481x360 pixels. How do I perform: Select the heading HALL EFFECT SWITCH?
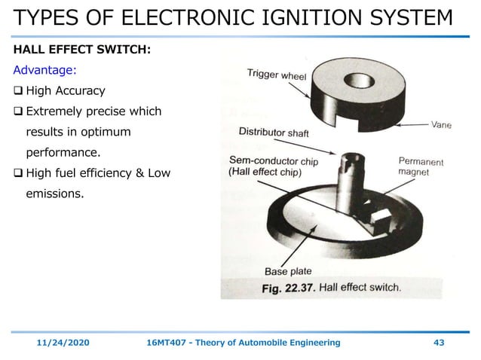click(x=81, y=50)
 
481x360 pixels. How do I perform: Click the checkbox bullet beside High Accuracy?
click(x=18, y=92)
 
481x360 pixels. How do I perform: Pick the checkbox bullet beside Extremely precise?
click(x=18, y=112)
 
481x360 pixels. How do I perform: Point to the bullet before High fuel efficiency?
click(x=18, y=174)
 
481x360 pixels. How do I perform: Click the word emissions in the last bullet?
click(x=55, y=194)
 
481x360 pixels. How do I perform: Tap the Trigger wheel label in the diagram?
click(x=277, y=75)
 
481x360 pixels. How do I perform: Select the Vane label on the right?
click(x=441, y=126)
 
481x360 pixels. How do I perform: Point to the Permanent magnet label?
click(x=420, y=166)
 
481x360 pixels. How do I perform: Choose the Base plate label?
click(x=287, y=272)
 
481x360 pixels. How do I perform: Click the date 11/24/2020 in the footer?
click(x=64, y=343)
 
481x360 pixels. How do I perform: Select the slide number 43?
click(x=439, y=343)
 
